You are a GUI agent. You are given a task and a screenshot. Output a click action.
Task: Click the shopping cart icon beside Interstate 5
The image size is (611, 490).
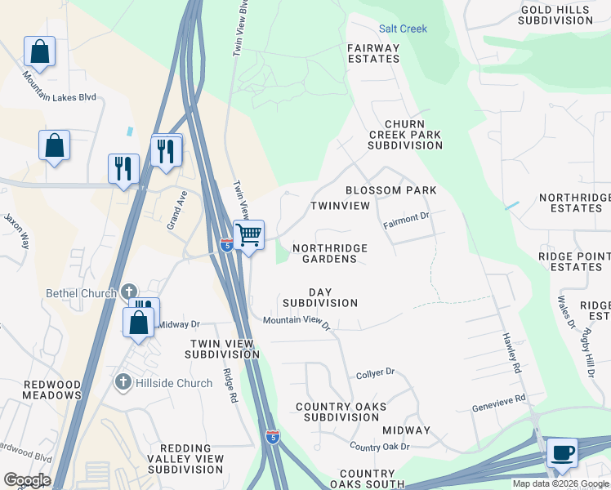249,235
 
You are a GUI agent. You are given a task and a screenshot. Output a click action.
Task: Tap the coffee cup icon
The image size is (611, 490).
561,452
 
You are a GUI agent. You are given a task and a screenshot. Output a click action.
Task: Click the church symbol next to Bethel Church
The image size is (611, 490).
128,292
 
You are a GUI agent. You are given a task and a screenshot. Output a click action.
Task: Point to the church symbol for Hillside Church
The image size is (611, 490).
123,382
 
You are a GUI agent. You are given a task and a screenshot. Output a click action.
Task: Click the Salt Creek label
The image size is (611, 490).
403,29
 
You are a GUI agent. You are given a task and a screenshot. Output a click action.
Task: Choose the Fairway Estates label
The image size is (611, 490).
374,53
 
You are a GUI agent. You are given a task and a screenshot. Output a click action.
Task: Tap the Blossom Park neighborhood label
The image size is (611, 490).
390,190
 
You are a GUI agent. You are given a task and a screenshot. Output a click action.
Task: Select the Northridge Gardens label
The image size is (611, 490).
329,253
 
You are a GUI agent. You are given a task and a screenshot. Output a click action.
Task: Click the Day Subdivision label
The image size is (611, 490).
320,297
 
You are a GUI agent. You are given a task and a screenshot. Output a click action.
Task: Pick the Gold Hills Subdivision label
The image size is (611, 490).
556,15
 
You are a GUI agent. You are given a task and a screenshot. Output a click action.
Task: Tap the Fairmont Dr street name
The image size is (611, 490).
407,218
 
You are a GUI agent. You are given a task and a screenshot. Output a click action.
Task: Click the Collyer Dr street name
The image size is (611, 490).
376,373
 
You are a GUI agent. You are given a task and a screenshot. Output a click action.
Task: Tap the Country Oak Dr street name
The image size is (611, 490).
379,447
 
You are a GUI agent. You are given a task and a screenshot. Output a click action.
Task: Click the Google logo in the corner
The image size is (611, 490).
27,480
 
